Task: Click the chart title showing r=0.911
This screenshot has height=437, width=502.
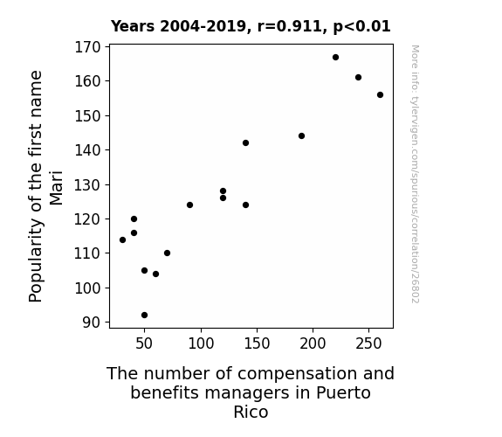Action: (251, 26)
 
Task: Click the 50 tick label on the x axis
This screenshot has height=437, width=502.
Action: (144, 343)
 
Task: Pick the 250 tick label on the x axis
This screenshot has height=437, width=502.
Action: (368, 343)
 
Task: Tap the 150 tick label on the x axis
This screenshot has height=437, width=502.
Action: (257, 343)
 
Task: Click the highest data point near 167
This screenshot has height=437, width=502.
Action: (335, 58)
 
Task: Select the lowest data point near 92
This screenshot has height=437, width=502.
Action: (144, 316)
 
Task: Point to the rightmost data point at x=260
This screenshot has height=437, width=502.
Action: (380, 95)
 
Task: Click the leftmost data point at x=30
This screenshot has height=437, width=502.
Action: (122, 239)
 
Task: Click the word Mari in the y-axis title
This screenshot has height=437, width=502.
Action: (57, 188)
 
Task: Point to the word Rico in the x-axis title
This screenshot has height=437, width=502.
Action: (251, 412)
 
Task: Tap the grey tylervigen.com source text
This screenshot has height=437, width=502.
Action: (416, 174)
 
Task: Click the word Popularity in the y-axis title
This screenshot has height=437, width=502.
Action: (35, 260)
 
